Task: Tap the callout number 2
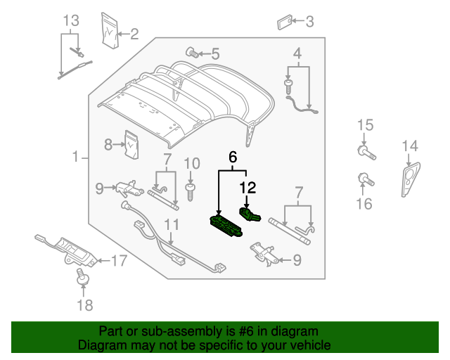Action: (134, 32)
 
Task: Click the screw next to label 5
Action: (191, 51)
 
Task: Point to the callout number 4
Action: (297, 53)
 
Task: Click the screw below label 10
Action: (189, 189)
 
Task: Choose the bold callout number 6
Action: (232, 159)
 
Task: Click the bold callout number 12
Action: (247, 188)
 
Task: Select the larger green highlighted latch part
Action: (226, 226)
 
